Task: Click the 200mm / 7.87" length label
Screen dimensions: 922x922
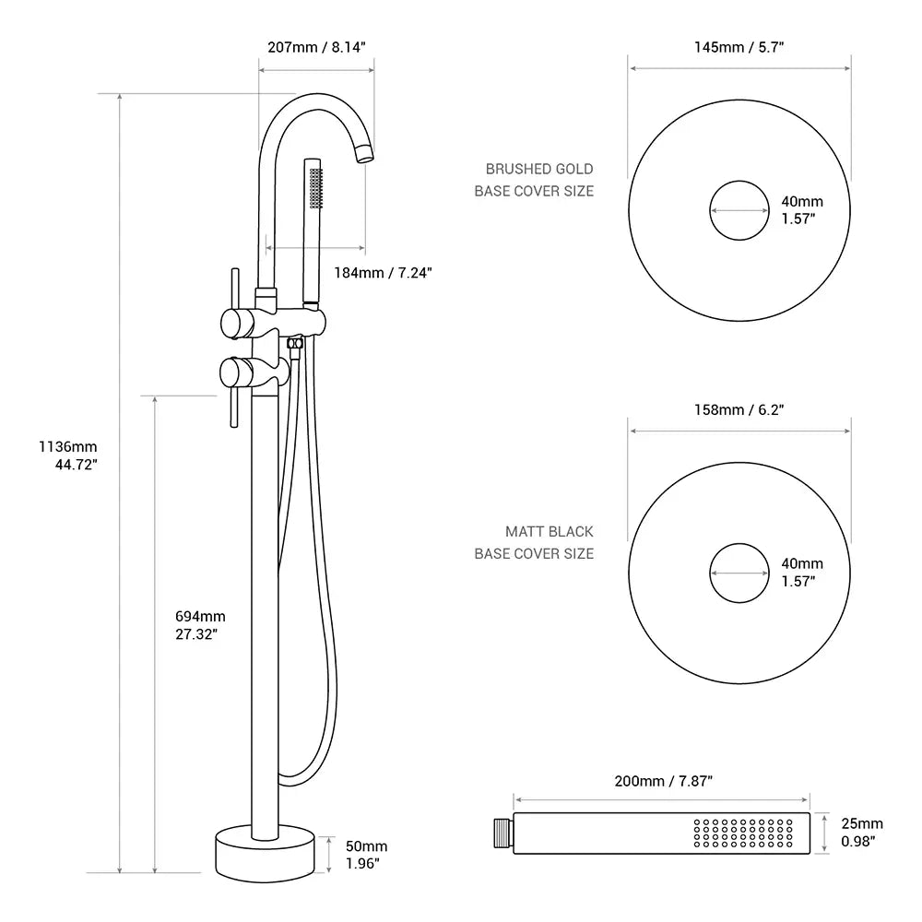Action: point(663,781)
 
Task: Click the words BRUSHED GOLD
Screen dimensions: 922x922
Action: point(539,170)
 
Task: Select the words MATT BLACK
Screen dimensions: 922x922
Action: point(549,532)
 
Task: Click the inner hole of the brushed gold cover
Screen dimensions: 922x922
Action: point(739,210)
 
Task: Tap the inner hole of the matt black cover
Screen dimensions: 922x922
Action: point(739,573)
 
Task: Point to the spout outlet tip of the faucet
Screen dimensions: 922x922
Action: point(366,153)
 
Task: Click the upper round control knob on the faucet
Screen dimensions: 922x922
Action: point(238,323)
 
